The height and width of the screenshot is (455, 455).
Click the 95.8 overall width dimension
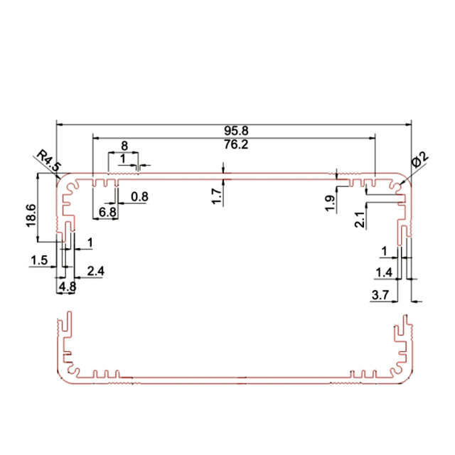234,131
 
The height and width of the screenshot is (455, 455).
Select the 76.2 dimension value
234,144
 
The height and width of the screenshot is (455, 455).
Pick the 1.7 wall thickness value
217,192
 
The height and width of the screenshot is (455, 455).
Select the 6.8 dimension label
108,213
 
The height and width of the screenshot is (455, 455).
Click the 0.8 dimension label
139,196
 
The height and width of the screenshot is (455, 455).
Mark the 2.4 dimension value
95,271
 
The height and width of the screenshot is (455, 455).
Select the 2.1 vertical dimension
360,220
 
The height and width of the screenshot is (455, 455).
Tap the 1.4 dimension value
383,272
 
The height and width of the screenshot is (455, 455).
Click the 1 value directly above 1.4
385,252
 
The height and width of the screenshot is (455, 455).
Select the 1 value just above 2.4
89,243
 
